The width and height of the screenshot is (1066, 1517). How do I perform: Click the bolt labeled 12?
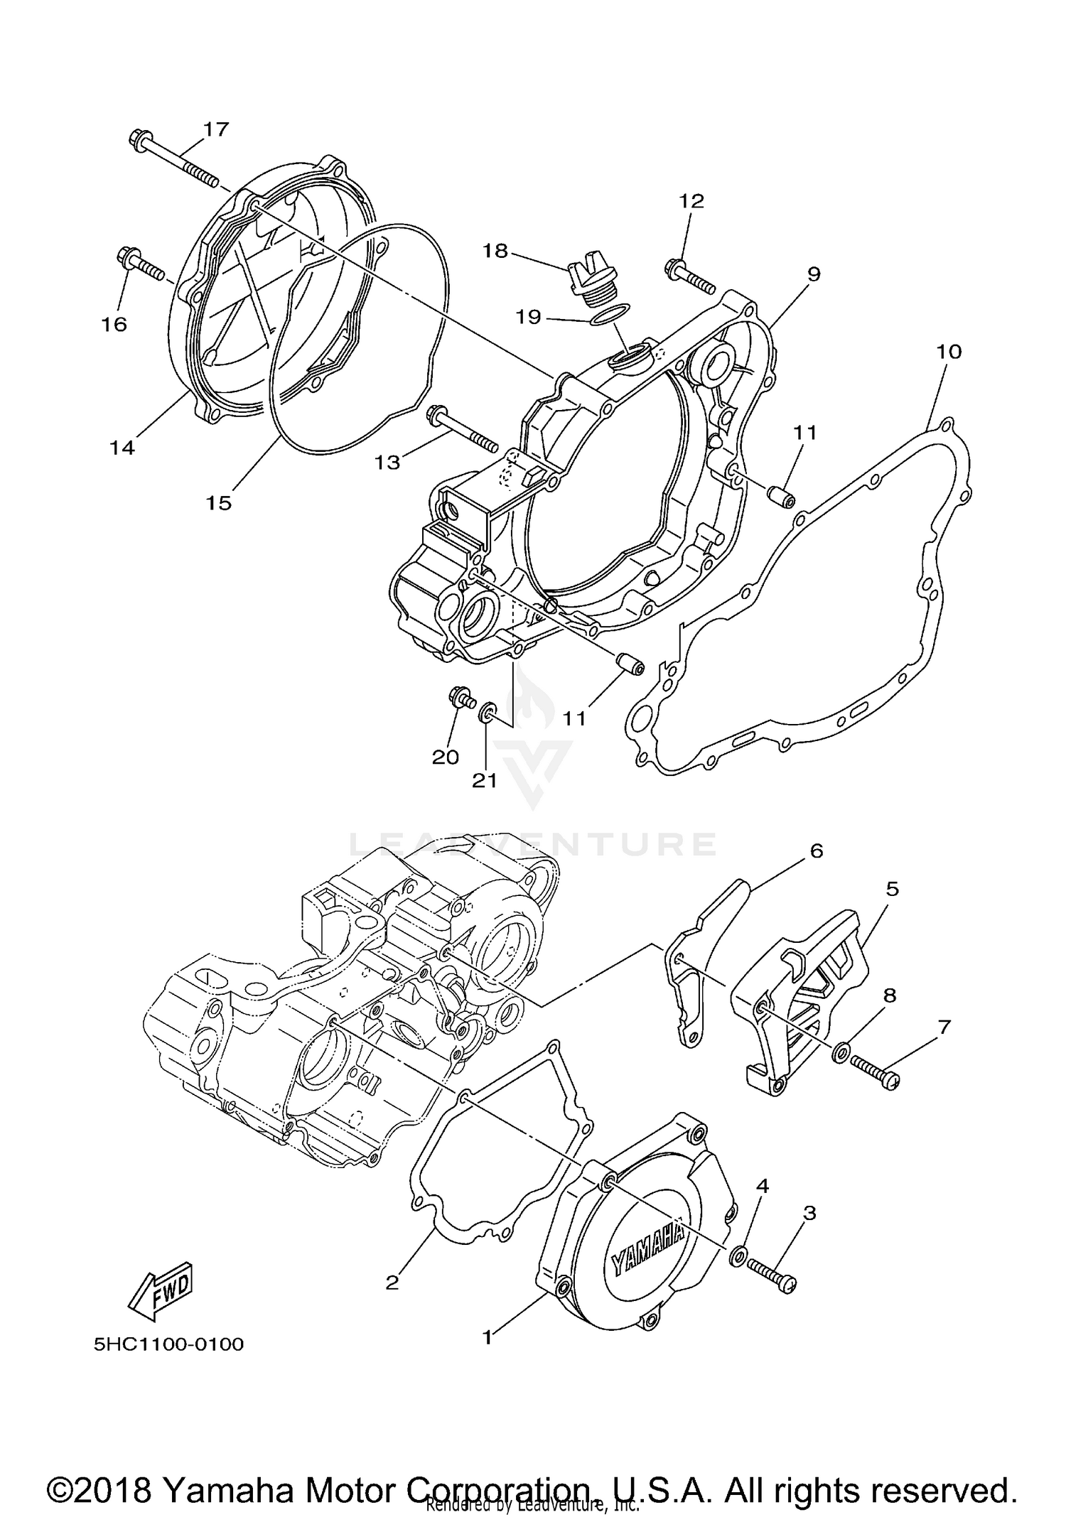click(689, 277)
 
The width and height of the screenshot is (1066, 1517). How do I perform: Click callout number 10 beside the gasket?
click(949, 352)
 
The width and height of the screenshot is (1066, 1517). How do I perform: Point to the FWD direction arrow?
click(161, 1286)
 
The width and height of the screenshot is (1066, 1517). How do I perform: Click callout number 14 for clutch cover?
click(122, 448)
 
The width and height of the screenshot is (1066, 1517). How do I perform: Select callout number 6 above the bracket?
click(816, 851)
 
